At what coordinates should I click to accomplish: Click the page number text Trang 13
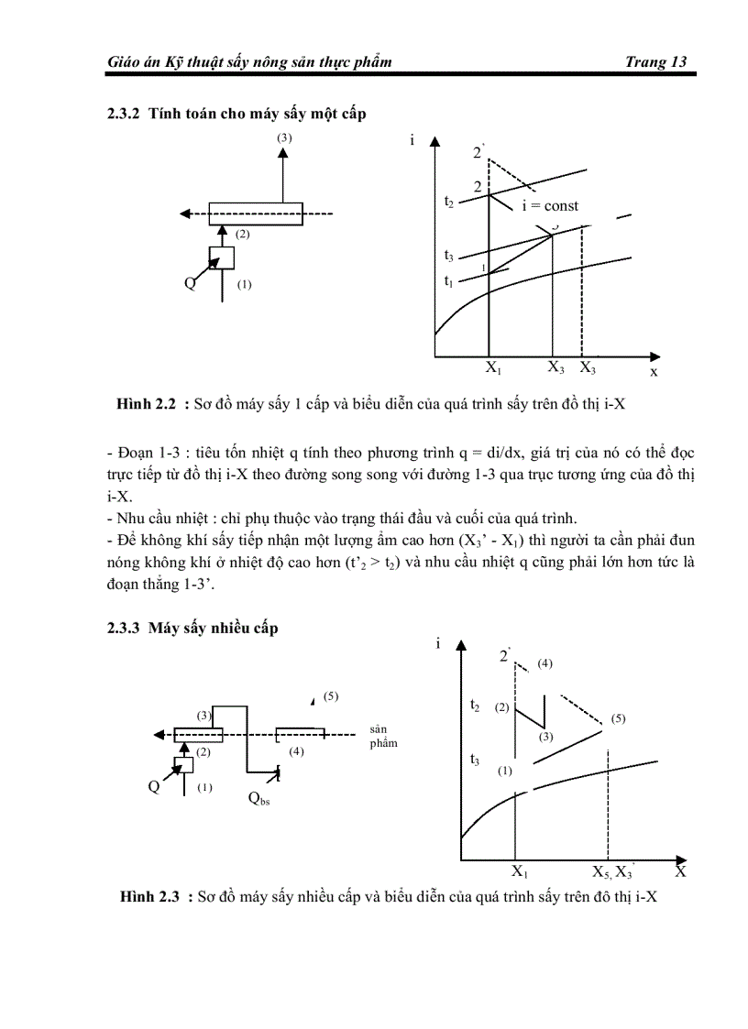[x=655, y=62]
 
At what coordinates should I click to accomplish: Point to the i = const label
[x=550, y=206]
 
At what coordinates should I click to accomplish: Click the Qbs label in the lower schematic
[x=258, y=798]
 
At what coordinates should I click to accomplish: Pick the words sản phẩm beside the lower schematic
[x=383, y=736]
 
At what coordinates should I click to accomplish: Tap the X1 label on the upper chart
[x=493, y=369]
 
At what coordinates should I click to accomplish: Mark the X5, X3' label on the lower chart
[x=613, y=871]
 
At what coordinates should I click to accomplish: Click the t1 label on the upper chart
[x=448, y=280]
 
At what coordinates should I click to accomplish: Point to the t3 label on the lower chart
[x=474, y=759]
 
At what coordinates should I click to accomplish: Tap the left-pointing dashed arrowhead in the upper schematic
[x=185, y=214]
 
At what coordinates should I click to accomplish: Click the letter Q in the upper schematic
[x=190, y=282]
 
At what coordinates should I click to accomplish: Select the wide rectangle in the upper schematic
[x=255, y=213]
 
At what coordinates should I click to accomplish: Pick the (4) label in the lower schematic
[x=296, y=751]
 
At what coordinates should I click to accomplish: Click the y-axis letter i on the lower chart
[x=437, y=643]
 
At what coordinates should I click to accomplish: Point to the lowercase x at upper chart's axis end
[x=654, y=372]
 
